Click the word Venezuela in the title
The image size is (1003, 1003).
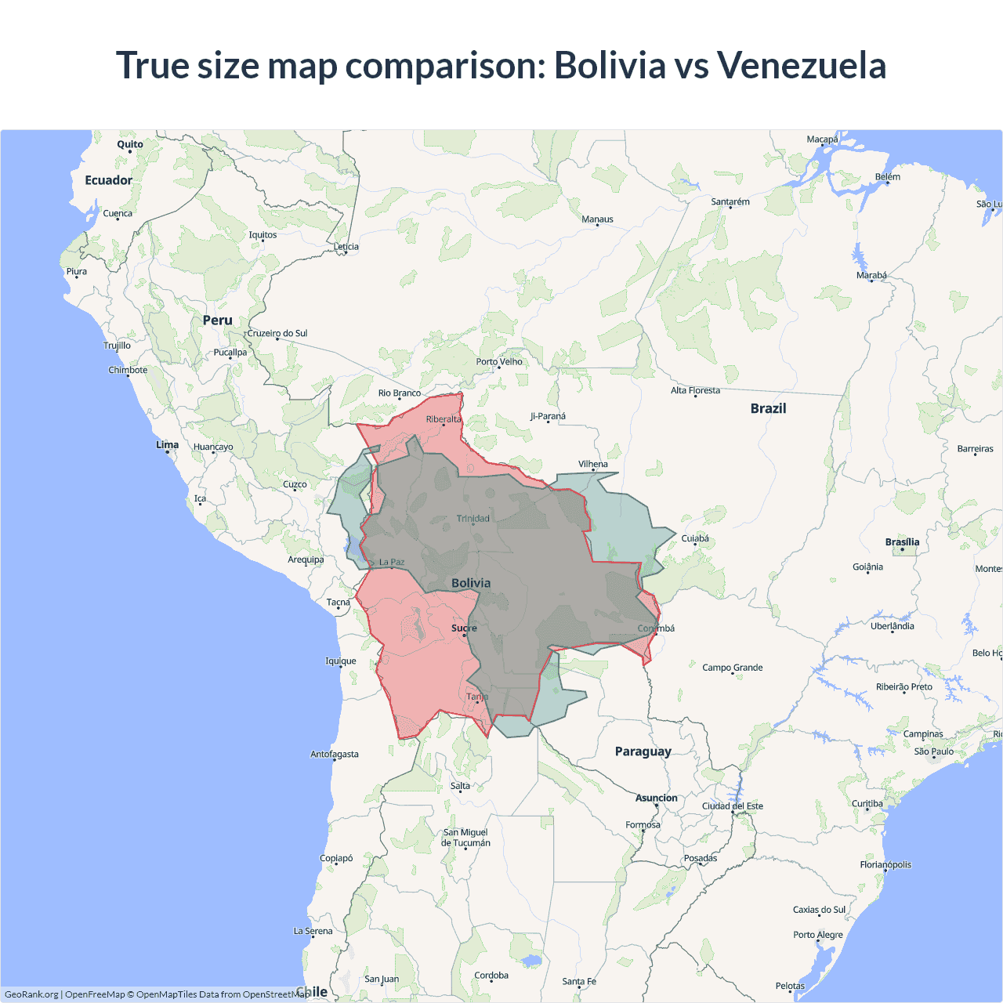801,65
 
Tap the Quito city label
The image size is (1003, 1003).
130,144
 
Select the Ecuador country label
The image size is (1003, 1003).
109,180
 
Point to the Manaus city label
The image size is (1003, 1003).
597,219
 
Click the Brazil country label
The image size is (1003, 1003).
768,408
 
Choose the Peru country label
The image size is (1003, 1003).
217,320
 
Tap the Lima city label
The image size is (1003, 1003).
167,445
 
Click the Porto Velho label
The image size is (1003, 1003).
499,362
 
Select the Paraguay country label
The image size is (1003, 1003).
643,751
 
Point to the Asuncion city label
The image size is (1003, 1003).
657,798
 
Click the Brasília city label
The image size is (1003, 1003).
902,542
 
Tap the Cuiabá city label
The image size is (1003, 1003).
695,538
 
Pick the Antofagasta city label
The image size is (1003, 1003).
335,755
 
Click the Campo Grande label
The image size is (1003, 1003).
732,668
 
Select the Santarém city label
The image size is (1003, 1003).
730,202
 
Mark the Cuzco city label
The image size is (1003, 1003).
295,484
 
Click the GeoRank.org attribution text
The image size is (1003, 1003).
31,994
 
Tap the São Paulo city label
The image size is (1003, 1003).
934,751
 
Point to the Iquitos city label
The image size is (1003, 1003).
263,235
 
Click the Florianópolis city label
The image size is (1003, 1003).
885,865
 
